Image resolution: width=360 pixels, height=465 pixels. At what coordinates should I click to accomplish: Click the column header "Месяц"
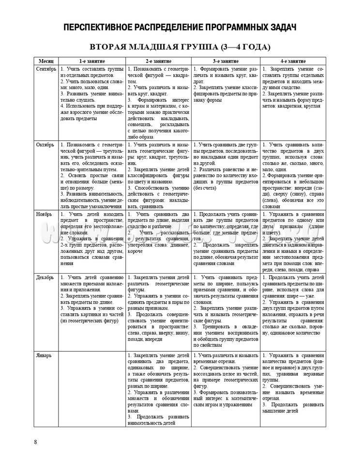pyautogui.click(x=47, y=62)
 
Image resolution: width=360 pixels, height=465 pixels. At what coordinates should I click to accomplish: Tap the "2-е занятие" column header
pyautogui.click(x=159, y=62)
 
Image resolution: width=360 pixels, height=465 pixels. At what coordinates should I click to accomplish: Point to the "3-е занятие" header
pyautogui.click(x=225, y=62)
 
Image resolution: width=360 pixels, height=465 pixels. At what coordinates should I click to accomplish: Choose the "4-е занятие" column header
pyautogui.click(x=293, y=62)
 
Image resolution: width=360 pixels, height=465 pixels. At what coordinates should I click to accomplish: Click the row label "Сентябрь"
pyautogui.click(x=47, y=69)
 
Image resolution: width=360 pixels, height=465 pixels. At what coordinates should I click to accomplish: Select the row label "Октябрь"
pyautogui.click(x=47, y=145)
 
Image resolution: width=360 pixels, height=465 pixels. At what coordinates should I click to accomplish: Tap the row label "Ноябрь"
pyautogui.click(x=47, y=214)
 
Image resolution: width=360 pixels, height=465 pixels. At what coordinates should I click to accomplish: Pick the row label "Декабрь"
pyautogui.click(x=47, y=278)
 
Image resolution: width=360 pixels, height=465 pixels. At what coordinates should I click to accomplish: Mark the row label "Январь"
pyautogui.click(x=47, y=356)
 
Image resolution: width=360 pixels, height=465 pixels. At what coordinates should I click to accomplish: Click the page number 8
pyautogui.click(x=36, y=441)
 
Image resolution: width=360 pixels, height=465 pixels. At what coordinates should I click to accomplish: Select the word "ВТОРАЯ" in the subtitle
pyautogui.click(x=111, y=47)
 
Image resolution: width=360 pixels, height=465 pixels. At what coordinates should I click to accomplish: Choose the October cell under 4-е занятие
pyautogui.click(x=293, y=175)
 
